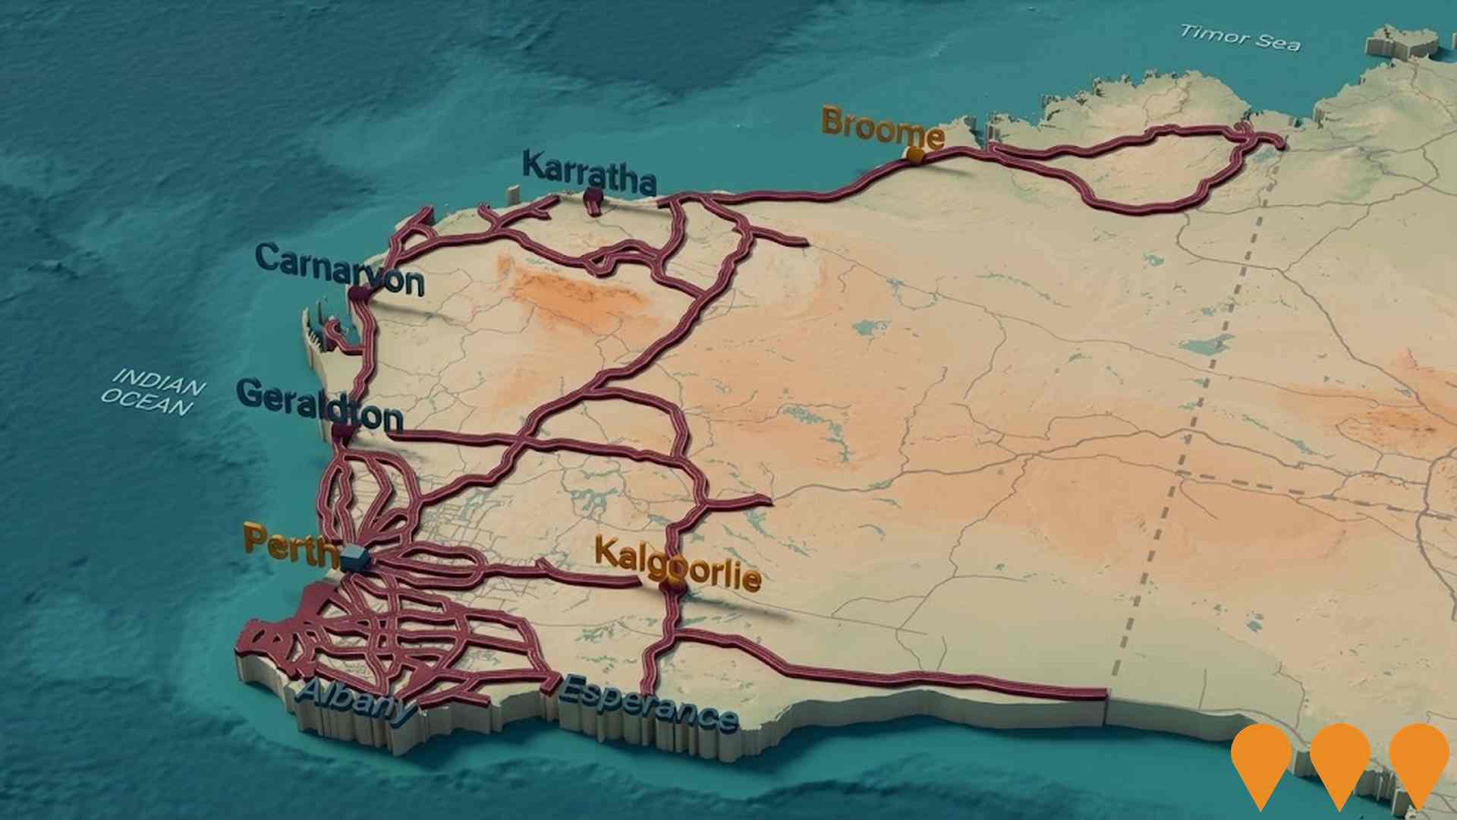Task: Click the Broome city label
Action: coord(882,128)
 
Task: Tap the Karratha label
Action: coord(589,172)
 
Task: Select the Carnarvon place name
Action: coord(339,270)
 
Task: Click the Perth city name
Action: coord(290,546)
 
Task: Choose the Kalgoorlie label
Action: coord(677,563)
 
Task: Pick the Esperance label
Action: coord(647,702)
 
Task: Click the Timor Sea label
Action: coord(1240,37)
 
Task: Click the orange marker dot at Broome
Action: coord(915,156)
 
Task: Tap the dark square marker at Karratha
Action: coord(593,197)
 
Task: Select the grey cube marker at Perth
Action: coord(354,560)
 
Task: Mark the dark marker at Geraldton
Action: coord(343,433)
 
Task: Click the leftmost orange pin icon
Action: coord(1261,759)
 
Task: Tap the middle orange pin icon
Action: coord(1339,759)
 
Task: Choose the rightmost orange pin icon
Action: coord(1418,759)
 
